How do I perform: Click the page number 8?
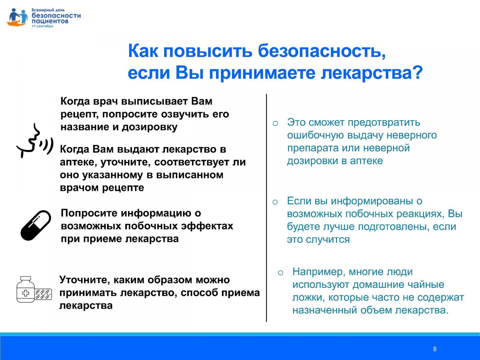435,349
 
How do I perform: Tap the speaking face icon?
35,141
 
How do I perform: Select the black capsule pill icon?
36,226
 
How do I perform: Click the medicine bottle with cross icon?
25,289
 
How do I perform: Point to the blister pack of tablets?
43,294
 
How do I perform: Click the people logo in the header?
17,17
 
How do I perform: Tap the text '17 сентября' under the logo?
42,26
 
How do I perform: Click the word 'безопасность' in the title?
322,51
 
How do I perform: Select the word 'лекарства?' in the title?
372,73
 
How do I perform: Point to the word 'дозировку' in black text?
150,127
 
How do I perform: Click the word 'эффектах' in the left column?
207,226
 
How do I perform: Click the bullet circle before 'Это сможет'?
275,124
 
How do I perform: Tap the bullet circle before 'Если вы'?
275,202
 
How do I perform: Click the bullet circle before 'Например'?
280,273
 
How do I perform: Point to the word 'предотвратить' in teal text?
384,123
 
